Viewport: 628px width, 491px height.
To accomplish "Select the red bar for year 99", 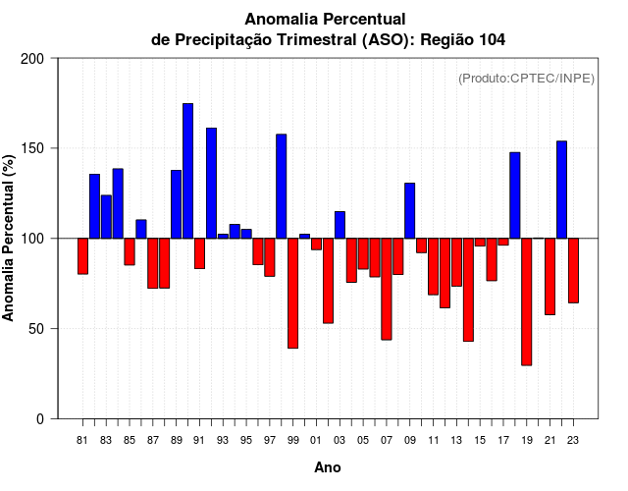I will [292, 293].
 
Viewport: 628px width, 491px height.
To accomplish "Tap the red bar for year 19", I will [526, 301].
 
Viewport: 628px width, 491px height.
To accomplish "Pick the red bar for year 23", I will [573, 270].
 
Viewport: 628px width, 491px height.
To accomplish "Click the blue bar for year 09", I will [409, 210].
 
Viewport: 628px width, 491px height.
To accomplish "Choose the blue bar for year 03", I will [340, 225].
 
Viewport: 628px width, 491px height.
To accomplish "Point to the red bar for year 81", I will [82, 256].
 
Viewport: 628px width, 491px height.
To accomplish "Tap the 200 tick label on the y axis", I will [32, 59].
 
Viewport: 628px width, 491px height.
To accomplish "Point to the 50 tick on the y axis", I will [36, 329].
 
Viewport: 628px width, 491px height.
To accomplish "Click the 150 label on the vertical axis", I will [32, 148].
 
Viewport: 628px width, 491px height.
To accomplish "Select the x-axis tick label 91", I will [199, 441].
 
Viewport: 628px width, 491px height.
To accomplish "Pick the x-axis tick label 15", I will [480, 441].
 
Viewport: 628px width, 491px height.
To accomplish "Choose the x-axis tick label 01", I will [316, 441].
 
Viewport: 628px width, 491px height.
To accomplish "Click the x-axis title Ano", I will [327, 468].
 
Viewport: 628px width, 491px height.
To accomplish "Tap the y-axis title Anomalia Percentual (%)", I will [9, 238].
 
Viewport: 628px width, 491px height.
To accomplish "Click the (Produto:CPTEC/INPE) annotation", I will [526, 79].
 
